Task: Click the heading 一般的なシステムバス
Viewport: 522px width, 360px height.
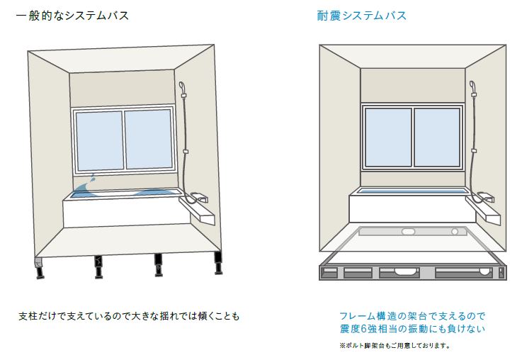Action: (x=72, y=15)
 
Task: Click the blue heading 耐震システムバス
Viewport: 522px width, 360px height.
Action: (x=361, y=15)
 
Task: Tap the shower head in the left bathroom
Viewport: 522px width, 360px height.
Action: (x=183, y=89)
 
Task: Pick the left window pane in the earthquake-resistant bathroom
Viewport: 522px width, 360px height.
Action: (x=388, y=137)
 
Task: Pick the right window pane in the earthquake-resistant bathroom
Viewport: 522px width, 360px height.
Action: (x=437, y=137)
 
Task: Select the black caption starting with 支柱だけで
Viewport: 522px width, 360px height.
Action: (x=129, y=315)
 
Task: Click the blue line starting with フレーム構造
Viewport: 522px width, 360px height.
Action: (x=412, y=316)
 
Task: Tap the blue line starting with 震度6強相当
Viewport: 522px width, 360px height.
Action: (x=412, y=330)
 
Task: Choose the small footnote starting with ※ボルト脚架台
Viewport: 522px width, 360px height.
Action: (x=395, y=346)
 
